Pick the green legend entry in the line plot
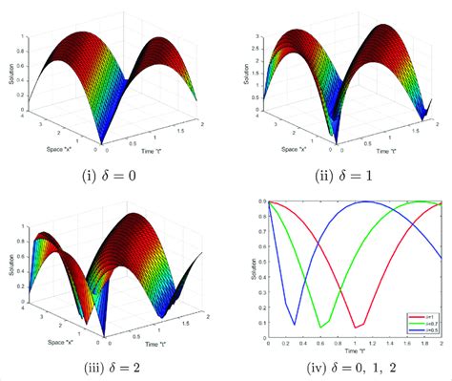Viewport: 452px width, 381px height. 417,323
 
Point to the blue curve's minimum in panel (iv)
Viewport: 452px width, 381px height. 295,324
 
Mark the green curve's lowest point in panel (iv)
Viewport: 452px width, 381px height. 321,327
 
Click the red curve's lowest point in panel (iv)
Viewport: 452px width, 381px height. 354,328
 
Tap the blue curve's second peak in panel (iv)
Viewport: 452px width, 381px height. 364,201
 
